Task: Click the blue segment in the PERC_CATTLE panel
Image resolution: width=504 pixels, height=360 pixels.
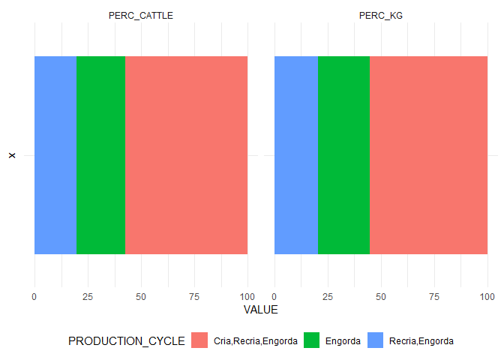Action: tap(55, 155)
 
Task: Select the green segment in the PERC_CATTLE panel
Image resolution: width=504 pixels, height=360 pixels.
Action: tap(100, 155)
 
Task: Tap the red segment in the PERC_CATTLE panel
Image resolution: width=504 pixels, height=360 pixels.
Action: tap(186, 155)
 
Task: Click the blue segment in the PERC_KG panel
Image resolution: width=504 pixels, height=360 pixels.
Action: tap(296, 155)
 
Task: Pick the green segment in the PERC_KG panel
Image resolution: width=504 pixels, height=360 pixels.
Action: tap(343, 155)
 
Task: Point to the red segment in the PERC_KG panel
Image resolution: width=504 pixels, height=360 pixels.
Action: tap(428, 155)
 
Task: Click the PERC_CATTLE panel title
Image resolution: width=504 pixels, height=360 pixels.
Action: tap(141, 16)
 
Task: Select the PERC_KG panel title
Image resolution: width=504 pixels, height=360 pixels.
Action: tap(381, 16)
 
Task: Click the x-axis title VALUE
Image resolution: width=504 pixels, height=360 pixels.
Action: tap(261, 310)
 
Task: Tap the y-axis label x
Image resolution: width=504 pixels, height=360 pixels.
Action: tap(11, 155)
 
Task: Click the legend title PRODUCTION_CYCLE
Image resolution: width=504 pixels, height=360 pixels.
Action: tap(127, 341)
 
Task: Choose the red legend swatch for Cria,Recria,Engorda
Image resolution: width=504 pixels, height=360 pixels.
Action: tap(199, 341)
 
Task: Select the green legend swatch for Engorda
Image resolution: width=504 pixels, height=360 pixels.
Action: tap(310, 341)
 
